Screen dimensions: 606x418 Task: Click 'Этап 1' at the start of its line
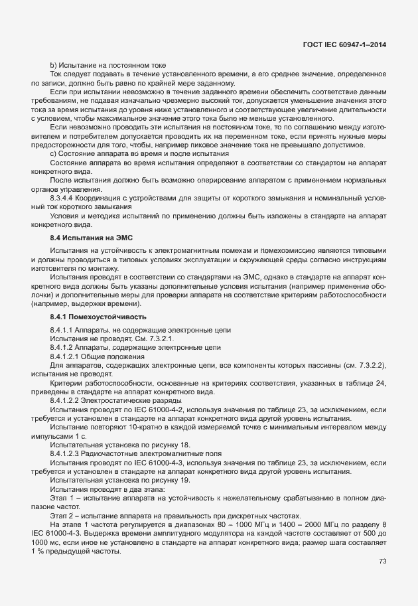click(61, 497)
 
